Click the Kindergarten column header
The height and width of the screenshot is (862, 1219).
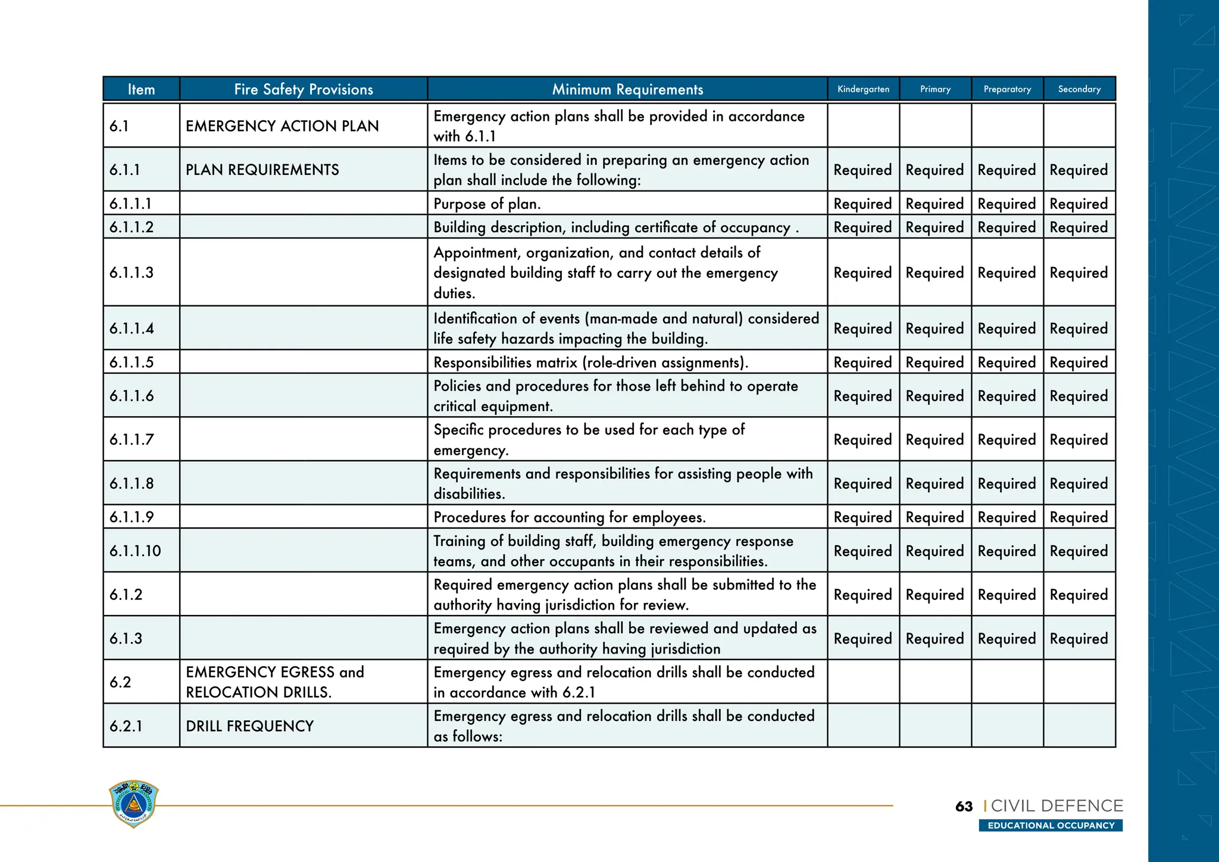(x=863, y=89)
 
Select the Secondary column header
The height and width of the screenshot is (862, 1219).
(x=1079, y=89)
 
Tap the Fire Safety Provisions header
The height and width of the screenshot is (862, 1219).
(x=304, y=89)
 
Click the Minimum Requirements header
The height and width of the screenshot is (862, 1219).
(x=627, y=89)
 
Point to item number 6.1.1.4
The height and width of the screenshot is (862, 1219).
(x=132, y=329)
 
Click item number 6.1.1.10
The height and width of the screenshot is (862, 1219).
(x=135, y=551)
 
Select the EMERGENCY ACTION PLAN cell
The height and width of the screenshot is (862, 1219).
(x=282, y=126)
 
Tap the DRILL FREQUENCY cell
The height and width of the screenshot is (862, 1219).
(x=249, y=726)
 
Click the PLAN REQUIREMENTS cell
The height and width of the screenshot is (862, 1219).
(x=262, y=170)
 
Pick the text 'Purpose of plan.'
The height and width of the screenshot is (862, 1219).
(x=487, y=204)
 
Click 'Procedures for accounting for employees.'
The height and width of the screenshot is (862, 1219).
(x=570, y=517)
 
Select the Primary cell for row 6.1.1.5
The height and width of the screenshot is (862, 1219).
(x=934, y=363)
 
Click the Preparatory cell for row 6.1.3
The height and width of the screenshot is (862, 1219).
(x=1007, y=639)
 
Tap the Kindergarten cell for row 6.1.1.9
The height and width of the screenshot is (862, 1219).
(x=862, y=517)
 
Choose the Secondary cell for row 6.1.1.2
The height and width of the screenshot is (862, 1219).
(x=1079, y=227)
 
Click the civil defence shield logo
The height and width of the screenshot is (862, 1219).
(x=134, y=804)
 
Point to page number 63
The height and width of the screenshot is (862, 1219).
(x=964, y=807)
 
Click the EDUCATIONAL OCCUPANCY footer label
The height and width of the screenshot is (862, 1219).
(x=1051, y=826)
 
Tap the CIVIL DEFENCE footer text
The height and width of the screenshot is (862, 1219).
(x=1057, y=806)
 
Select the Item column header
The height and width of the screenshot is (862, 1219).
(x=141, y=89)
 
